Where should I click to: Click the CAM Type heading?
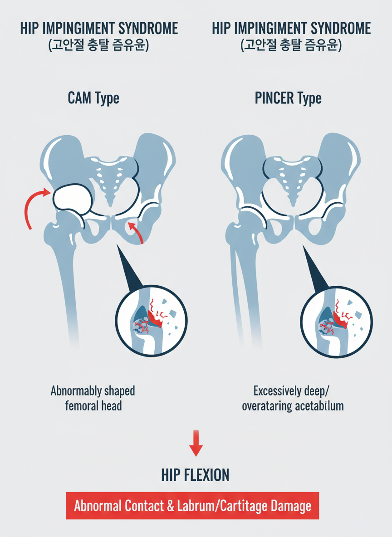pos(93,98)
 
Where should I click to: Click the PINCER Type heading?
pos(288,98)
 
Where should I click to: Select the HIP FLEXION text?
pos(196,475)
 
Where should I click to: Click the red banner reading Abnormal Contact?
pos(192,505)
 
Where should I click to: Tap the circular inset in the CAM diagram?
pos(151,321)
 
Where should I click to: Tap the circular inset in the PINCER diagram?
pos(337,321)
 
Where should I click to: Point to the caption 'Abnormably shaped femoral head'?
pos(93,398)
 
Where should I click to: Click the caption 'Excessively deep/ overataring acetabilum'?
pos(292,398)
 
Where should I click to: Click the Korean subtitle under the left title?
pos(98,46)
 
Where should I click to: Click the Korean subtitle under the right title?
pos(291,46)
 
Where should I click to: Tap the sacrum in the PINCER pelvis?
pos(291,181)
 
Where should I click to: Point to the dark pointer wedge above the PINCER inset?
pos(313,272)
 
